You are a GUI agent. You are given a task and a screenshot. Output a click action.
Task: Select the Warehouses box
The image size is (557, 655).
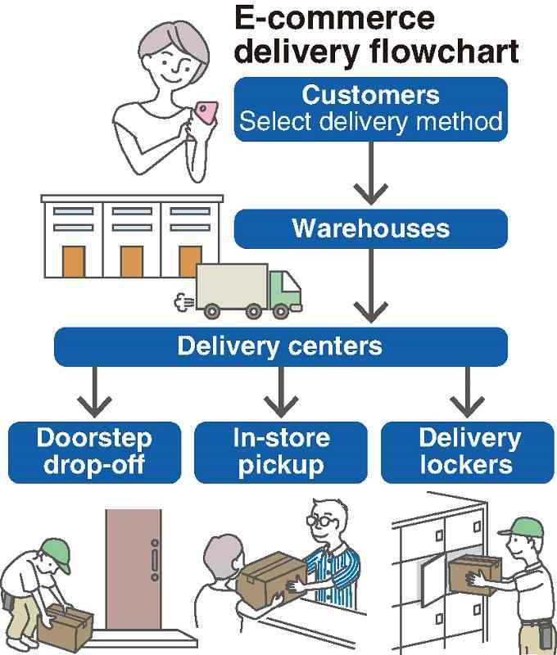click(370, 228)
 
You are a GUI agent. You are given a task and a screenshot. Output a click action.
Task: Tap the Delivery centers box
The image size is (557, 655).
click(279, 346)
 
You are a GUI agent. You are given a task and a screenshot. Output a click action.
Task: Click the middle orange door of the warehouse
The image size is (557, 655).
click(131, 261)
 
